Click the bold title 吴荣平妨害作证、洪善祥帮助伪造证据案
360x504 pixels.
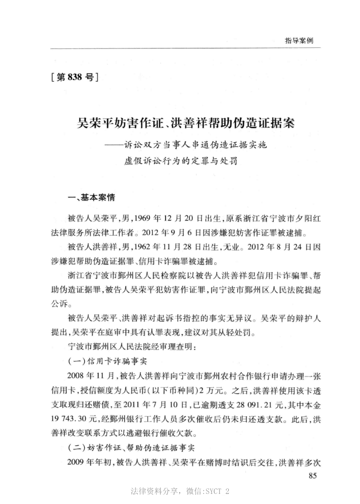pos(186,124)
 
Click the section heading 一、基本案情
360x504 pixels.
pos(84,197)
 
